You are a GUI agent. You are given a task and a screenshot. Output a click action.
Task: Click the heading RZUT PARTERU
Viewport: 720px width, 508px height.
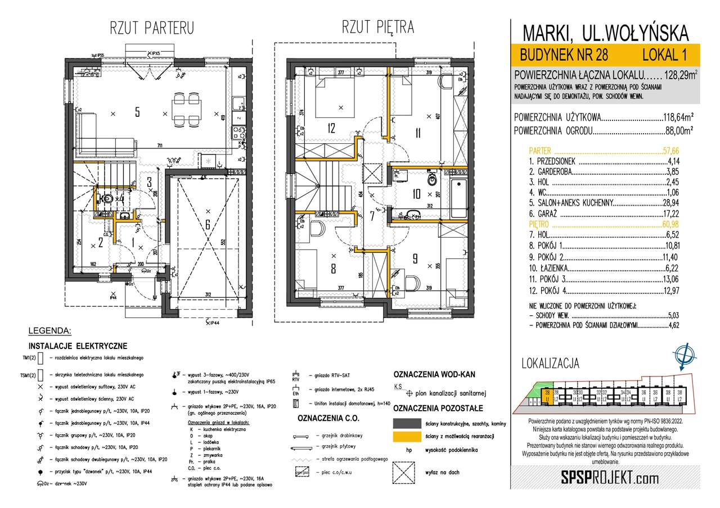click(x=152, y=27)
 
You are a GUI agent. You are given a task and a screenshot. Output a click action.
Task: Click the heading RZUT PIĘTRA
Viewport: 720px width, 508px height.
click(x=378, y=26)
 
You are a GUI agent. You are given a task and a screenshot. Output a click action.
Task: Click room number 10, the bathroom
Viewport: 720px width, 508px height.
click(x=417, y=194)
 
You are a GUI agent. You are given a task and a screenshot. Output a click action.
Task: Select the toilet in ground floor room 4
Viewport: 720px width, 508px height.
click(x=105, y=199)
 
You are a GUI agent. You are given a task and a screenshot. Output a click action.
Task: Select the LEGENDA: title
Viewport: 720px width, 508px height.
click(x=49, y=330)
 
